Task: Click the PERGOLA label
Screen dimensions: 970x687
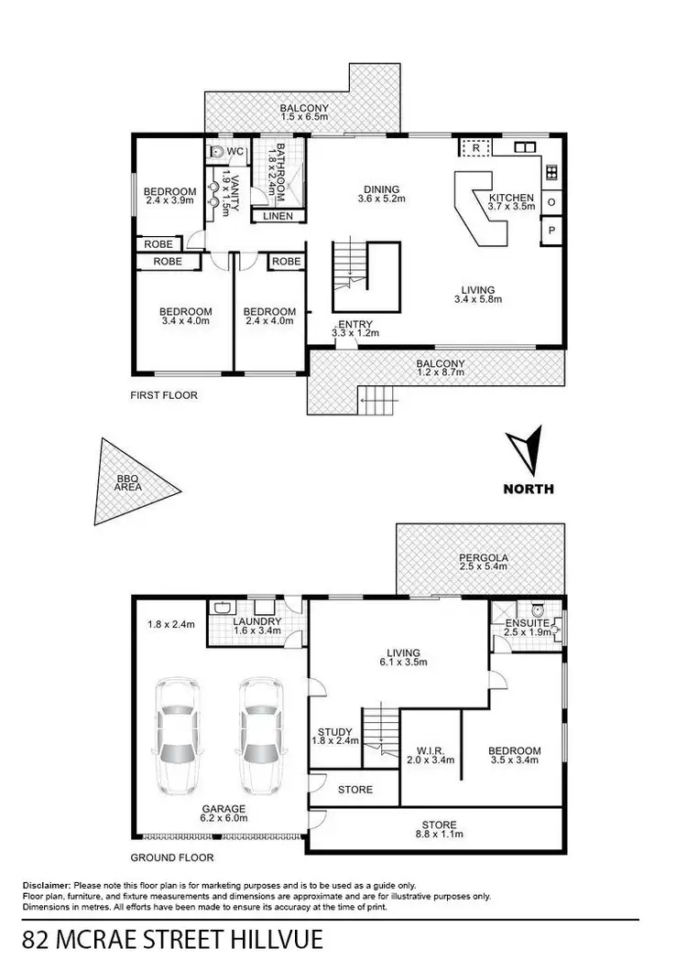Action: point(485,557)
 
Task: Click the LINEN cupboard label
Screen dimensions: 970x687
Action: point(278,217)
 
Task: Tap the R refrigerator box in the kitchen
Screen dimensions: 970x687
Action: point(476,146)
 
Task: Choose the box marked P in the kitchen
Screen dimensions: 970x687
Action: point(552,232)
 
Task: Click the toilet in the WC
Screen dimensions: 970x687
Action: point(218,151)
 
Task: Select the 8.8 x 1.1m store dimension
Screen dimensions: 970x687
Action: point(439,835)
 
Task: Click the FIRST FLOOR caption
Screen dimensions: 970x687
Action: point(164,395)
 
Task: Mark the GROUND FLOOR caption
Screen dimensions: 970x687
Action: point(172,857)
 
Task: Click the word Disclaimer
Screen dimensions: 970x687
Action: point(47,886)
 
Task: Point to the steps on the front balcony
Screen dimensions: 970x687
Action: point(378,396)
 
